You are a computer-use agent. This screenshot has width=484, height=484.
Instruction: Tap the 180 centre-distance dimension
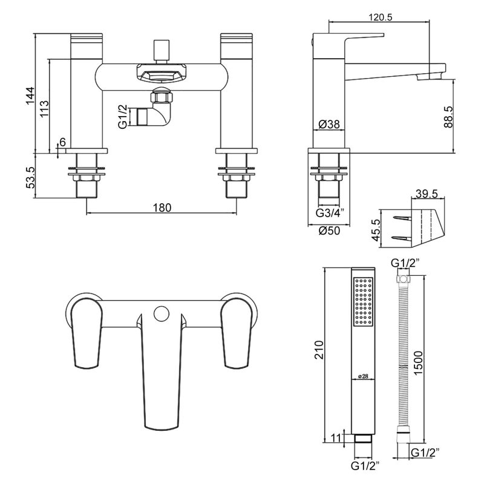[x=162, y=208]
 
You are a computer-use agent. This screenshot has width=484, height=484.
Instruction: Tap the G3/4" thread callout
[x=330, y=213]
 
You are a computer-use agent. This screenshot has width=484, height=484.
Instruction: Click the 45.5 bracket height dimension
[x=376, y=230]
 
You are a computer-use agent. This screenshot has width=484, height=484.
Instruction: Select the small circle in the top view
[x=161, y=313]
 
